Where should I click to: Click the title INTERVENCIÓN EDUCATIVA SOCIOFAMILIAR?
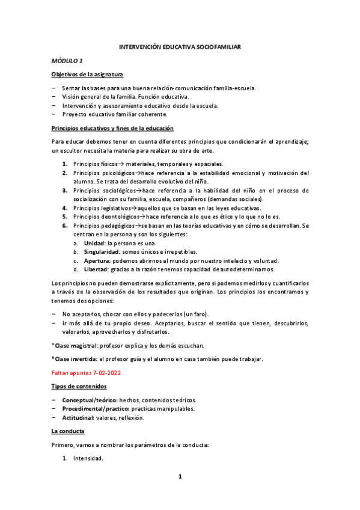click(180, 47)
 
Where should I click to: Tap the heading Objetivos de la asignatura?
click(88, 74)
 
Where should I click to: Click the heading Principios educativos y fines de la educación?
click(112, 128)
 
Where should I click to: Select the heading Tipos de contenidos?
click(79, 386)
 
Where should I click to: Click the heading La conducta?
click(67, 431)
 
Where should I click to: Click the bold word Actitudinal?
click(81, 417)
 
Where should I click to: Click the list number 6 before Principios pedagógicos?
click(64, 226)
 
